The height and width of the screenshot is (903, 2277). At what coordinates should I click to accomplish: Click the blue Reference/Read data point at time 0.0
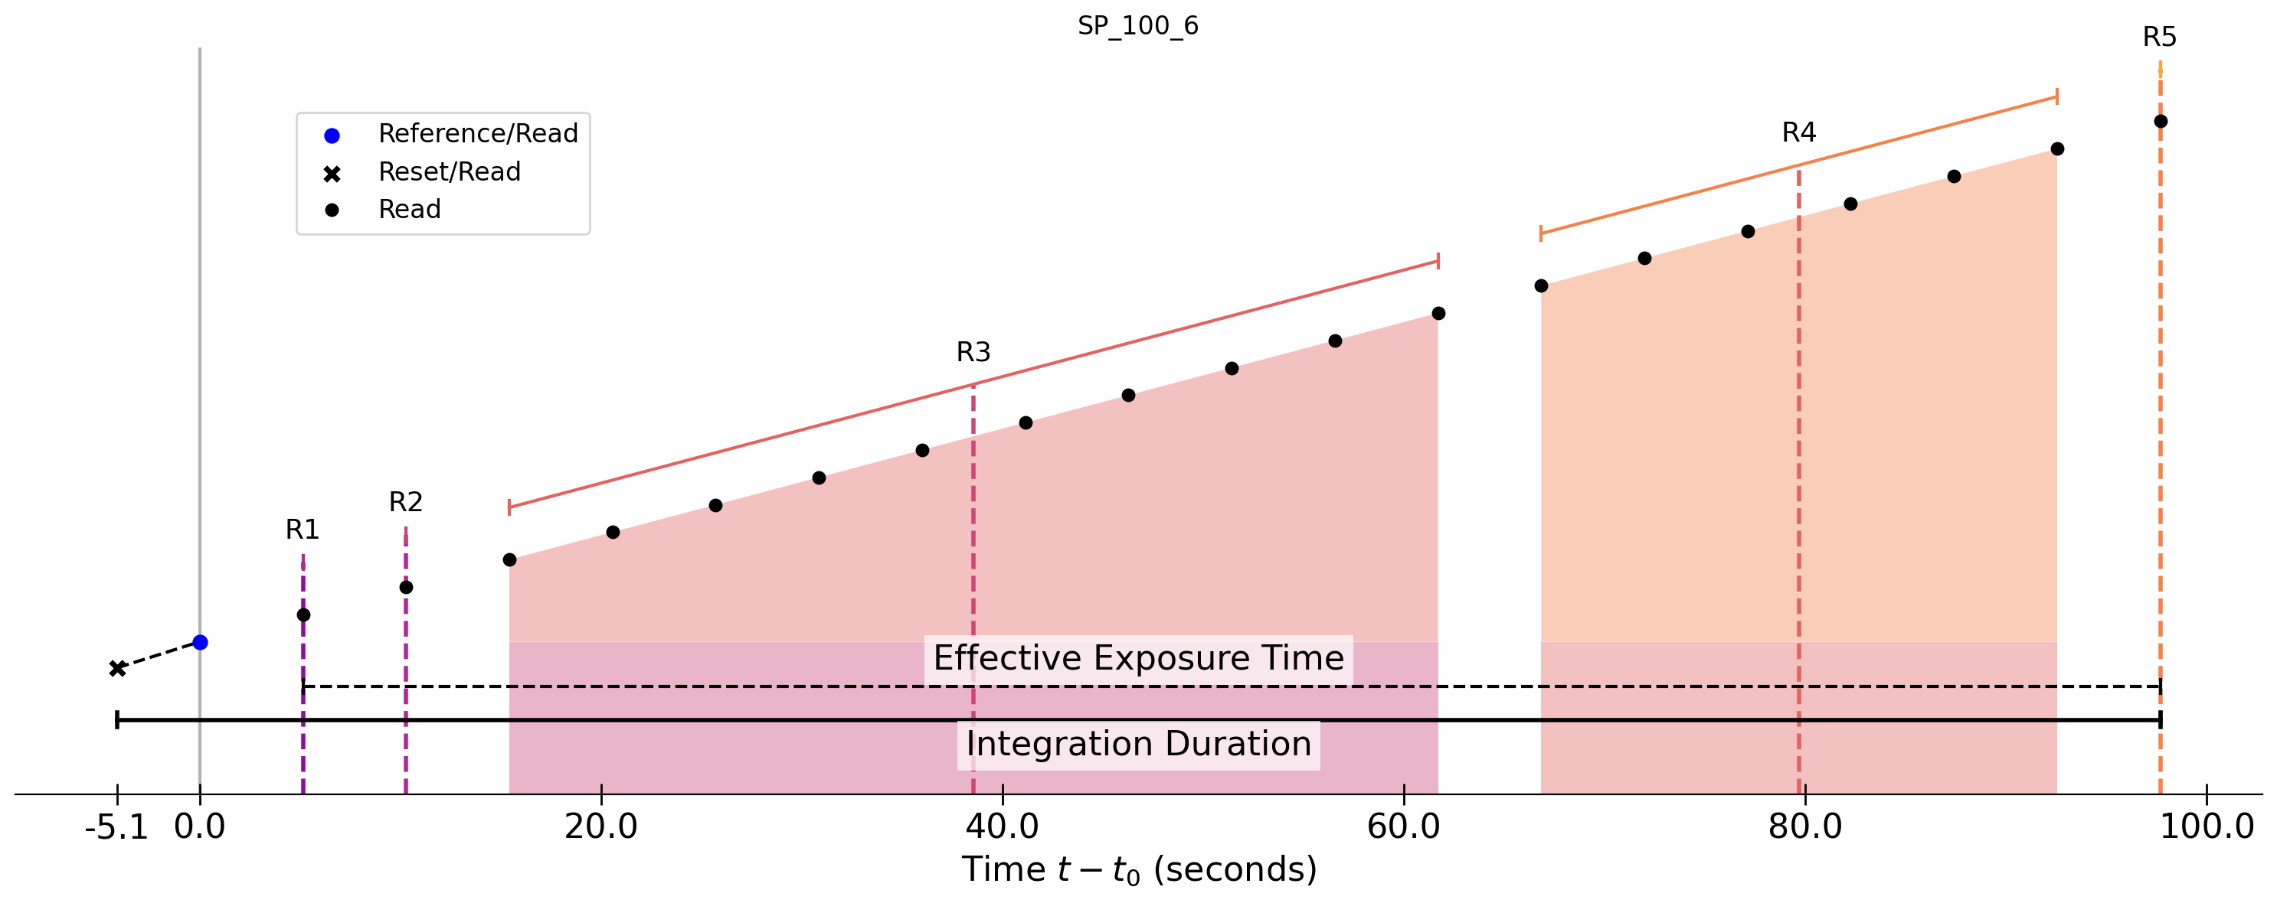(x=201, y=642)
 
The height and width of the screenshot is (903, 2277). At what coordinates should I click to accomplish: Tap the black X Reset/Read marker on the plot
(x=117, y=669)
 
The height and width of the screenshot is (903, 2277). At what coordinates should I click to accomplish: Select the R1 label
(x=303, y=530)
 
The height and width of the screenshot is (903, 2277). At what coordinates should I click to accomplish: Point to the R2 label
(x=406, y=502)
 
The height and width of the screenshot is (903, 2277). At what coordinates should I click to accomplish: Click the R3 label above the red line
(x=973, y=353)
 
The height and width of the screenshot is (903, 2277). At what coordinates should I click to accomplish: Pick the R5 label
(x=2160, y=37)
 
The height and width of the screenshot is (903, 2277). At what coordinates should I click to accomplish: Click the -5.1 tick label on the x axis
(x=116, y=827)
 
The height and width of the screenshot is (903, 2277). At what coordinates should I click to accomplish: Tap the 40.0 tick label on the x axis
(x=1003, y=827)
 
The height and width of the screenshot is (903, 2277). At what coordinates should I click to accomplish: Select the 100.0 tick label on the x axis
(x=2207, y=827)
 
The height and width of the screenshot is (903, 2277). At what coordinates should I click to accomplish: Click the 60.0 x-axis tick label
(x=1404, y=827)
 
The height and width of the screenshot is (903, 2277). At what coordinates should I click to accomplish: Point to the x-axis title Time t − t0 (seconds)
(x=1138, y=870)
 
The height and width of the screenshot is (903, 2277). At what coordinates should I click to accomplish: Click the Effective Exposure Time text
(x=1138, y=658)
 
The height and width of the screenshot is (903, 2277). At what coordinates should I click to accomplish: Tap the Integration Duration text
(x=1138, y=744)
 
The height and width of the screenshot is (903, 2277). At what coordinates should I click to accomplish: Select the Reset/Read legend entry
(x=449, y=171)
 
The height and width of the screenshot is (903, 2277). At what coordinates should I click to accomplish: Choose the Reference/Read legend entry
(x=477, y=133)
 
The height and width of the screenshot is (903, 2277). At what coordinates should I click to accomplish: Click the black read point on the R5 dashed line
(x=2161, y=122)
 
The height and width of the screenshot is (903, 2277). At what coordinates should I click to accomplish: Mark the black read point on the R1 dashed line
(x=303, y=615)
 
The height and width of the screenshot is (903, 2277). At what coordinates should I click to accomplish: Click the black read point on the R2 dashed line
(x=406, y=588)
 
